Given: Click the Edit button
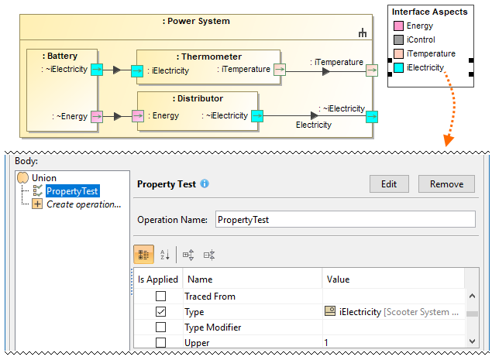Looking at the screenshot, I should (x=389, y=183).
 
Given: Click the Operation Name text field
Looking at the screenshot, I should (x=345, y=219).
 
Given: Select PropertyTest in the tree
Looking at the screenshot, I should (x=72, y=191).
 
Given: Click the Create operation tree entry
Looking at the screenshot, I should (x=84, y=204).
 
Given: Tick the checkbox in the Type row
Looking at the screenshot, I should (x=161, y=311).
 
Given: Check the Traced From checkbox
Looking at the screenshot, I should (x=161, y=296).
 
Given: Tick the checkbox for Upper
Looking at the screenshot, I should (x=161, y=342).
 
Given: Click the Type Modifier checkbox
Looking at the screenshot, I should (x=161, y=327).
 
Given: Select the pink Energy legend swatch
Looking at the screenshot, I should (x=398, y=26).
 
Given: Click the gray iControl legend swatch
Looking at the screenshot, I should (x=398, y=39).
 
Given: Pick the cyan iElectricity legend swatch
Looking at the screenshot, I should (x=398, y=67).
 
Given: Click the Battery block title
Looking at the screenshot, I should (x=61, y=57).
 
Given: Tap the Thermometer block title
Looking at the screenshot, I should (x=208, y=57).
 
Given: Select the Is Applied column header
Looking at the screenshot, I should (x=157, y=279).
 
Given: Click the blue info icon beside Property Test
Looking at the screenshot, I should (x=205, y=183).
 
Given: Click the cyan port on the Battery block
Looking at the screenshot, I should (x=97, y=70).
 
